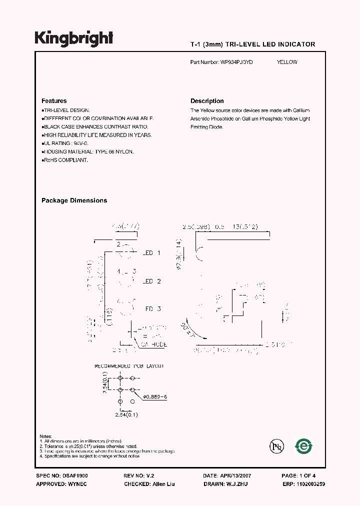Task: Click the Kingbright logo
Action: coord(73,38)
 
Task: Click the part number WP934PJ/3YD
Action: coord(236,62)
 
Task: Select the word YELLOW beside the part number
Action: coord(287,62)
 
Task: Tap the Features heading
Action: coord(54,101)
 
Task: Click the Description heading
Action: coord(207,101)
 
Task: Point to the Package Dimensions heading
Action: coord(74,200)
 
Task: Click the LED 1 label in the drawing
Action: coord(151,253)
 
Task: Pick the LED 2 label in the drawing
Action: coord(151,281)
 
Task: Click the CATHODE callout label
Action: coord(153,344)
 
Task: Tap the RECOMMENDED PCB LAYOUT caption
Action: coord(129,366)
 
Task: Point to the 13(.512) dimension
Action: coord(244,227)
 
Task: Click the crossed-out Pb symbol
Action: coord(276,446)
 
